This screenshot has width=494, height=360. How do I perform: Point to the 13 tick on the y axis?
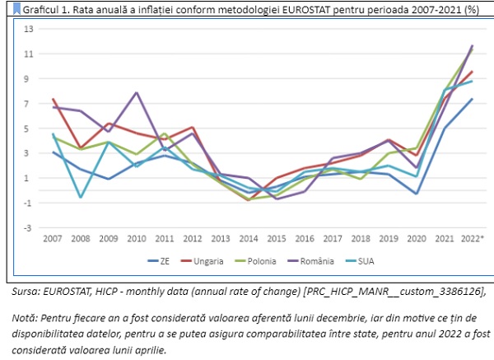[x=27, y=30]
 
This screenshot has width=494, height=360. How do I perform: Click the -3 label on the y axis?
[x=27, y=228]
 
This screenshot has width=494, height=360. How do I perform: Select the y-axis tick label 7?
[x=29, y=104]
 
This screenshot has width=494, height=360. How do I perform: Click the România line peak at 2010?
[x=137, y=93]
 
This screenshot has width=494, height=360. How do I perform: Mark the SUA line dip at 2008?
[x=81, y=197]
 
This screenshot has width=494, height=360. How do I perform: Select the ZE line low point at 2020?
[x=416, y=194]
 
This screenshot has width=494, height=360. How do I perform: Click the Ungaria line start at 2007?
[x=53, y=99]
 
